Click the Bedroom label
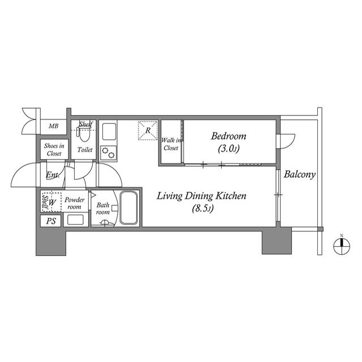click(229, 136)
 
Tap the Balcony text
click(299, 174)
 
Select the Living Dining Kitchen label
click(201, 196)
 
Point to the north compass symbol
click(342, 245)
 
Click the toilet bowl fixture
click(84, 134)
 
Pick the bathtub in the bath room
click(128, 208)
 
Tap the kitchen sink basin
click(109, 132)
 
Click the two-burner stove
click(109, 153)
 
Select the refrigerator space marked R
click(148, 130)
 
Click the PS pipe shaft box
click(51, 221)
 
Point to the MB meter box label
click(54, 126)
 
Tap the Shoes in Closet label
click(54, 149)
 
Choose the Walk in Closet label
click(171, 144)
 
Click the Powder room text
click(74, 203)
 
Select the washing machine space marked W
click(52, 202)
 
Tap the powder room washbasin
click(75, 219)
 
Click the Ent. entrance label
click(53, 175)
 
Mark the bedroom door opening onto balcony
click(286, 141)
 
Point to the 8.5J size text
click(202, 209)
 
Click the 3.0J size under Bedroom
click(229, 149)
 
